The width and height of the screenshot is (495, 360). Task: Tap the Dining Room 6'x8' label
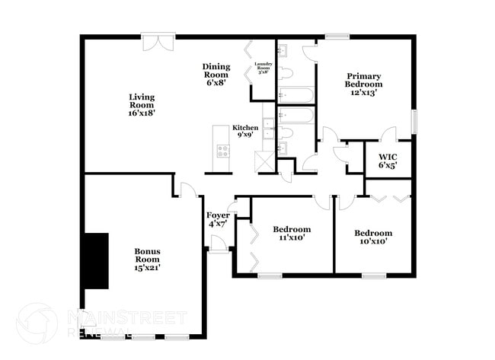tap(216, 75)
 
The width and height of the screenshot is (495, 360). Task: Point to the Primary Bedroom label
tap(363, 84)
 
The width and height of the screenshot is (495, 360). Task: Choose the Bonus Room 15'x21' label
tap(147, 259)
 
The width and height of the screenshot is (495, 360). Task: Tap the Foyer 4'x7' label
tap(218, 219)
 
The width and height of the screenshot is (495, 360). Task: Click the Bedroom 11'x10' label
tap(292, 233)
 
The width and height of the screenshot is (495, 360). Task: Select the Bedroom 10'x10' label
tap(373, 237)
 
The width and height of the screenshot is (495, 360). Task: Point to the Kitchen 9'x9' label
tap(244, 131)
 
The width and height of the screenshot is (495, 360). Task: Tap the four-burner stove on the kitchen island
tap(223, 151)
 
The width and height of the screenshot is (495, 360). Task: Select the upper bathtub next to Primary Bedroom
tap(296, 96)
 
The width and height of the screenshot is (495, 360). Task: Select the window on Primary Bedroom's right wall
tap(415, 120)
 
